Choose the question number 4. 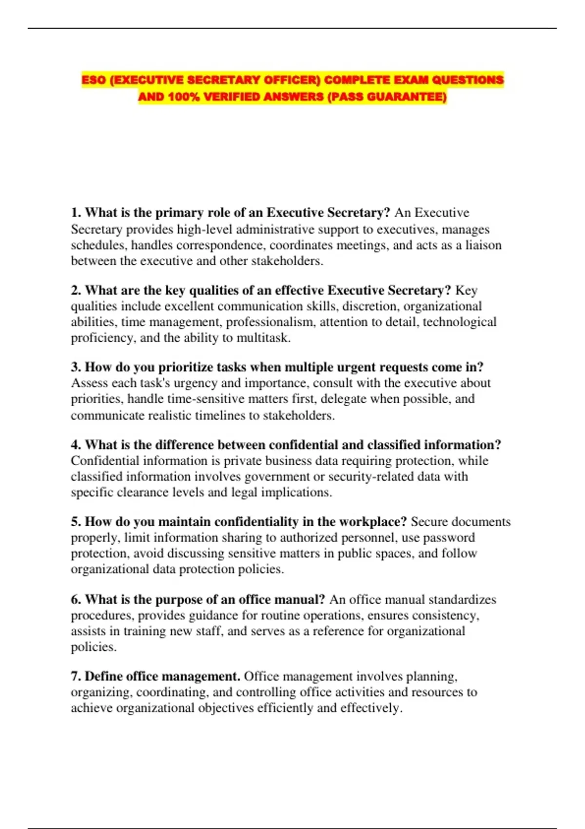point(76,445)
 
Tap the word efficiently point(285,708)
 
